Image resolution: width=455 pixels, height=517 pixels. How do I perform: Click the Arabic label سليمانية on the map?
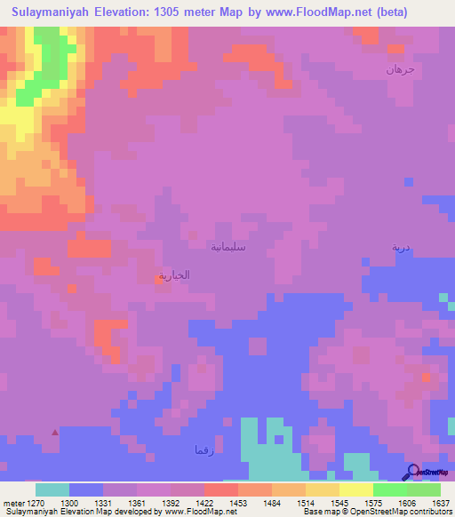coord(227,246)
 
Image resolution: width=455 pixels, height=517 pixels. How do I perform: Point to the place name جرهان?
coord(400,69)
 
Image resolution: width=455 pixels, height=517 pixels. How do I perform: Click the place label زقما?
coord(204,449)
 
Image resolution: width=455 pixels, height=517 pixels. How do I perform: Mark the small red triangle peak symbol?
coord(56,433)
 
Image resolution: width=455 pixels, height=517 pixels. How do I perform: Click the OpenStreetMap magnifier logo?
coord(413,472)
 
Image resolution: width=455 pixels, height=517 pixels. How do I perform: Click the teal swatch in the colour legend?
coord(52,489)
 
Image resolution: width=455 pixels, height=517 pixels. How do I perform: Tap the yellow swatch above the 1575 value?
coord(355,489)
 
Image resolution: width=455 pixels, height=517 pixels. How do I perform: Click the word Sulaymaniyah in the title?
coord(50,12)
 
